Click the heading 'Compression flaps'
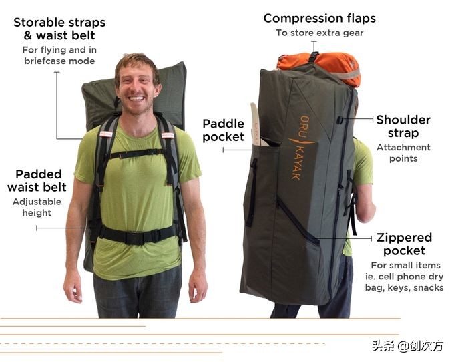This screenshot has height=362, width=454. click(x=320, y=19)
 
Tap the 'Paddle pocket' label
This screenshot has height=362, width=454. click(x=223, y=130)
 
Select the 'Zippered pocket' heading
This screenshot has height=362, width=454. click(x=404, y=244)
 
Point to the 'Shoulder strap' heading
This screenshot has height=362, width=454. click(x=403, y=126)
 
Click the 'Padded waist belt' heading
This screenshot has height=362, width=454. click(x=37, y=181)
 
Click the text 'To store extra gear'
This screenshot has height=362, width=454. click(x=320, y=33)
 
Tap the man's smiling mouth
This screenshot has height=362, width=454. click(x=137, y=98)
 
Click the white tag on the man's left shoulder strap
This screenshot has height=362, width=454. click(x=168, y=135)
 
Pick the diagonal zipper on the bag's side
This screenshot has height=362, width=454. click(x=298, y=220)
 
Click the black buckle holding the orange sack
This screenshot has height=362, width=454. click(x=313, y=57)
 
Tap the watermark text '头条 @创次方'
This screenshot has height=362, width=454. click(x=408, y=345)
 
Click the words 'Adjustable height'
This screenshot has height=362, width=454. click(x=37, y=207)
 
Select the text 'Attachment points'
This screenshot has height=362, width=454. click(x=403, y=153)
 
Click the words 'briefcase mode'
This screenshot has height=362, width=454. click(x=59, y=61)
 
